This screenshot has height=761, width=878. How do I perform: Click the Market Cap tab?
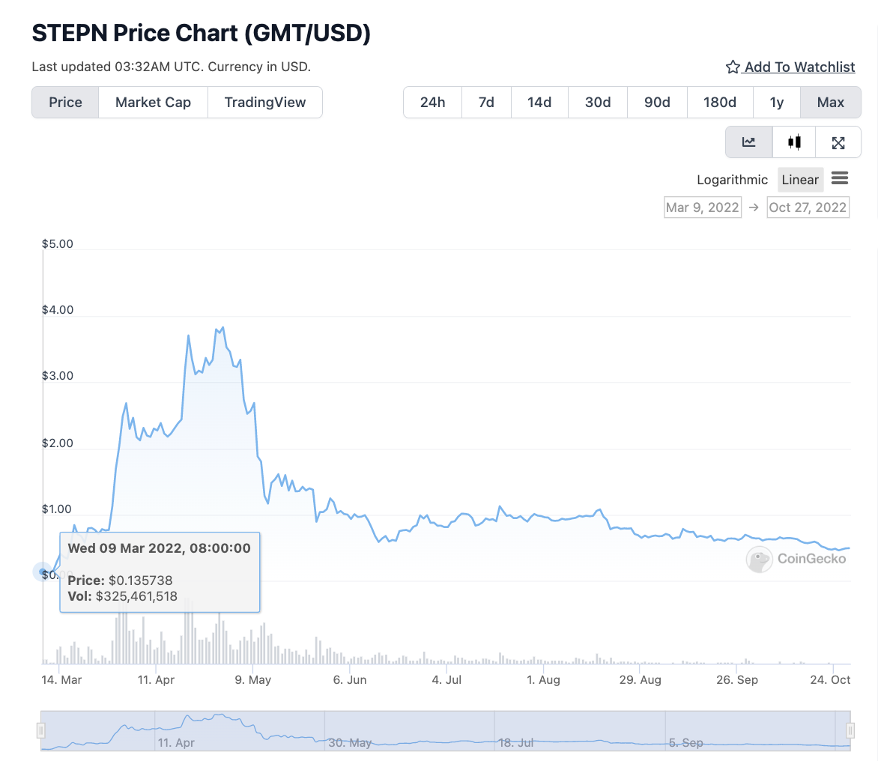pyautogui.click(x=153, y=103)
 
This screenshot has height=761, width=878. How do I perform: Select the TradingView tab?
pyautogui.click(x=265, y=103)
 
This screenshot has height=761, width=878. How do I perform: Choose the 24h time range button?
pyautogui.click(x=432, y=103)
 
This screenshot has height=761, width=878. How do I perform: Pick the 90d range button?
pyautogui.click(x=657, y=103)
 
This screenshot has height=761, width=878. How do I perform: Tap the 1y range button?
pyautogui.click(x=777, y=103)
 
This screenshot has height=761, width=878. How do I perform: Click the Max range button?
pyautogui.click(x=831, y=103)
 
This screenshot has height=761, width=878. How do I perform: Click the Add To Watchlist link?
pyautogui.click(x=790, y=67)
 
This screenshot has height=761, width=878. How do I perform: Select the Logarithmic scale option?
pyautogui.click(x=732, y=180)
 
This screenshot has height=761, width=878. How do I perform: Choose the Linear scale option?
pyautogui.click(x=800, y=180)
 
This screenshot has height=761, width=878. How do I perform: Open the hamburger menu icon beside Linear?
pyautogui.click(x=840, y=178)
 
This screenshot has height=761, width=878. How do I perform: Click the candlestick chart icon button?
pyautogui.click(x=795, y=142)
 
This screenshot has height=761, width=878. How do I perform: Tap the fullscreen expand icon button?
pyautogui.click(x=838, y=142)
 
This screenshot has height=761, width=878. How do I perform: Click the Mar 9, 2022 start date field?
pyautogui.click(x=703, y=207)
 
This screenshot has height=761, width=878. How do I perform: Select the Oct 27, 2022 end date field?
pyautogui.click(x=808, y=207)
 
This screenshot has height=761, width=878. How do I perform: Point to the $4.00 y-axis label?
pyautogui.click(x=58, y=310)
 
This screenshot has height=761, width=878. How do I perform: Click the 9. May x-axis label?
pyautogui.click(x=253, y=680)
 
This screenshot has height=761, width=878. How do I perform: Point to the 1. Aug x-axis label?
pyautogui.click(x=543, y=680)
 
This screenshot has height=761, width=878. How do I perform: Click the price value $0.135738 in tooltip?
pyautogui.click(x=140, y=580)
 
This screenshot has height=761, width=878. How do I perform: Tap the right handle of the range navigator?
pyautogui.click(x=850, y=730)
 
